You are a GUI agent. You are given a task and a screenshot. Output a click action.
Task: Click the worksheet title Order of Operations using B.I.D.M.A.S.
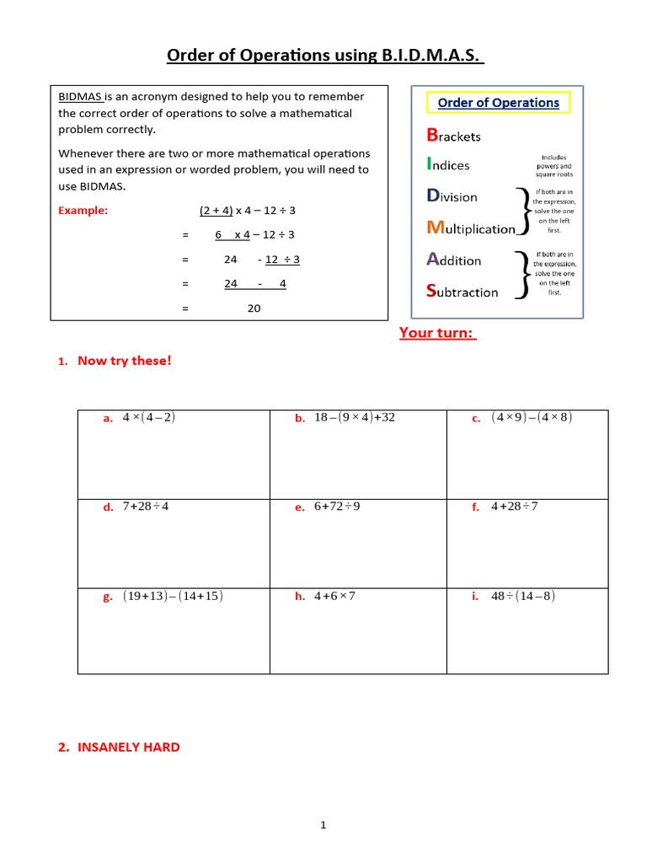pos(325,56)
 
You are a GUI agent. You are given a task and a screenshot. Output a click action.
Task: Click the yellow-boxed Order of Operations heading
pos(498,103)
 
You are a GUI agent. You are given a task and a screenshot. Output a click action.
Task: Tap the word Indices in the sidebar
pos(448,165)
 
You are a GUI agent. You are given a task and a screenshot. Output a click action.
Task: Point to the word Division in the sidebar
pos(452,196)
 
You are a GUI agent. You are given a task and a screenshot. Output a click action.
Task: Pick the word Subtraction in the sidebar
pos(463,292)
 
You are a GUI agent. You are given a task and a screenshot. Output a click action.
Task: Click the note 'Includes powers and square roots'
pos(553,166)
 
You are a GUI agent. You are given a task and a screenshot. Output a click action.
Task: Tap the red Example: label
pos(83,211)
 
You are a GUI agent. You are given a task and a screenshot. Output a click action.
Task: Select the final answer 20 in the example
pos(254,308)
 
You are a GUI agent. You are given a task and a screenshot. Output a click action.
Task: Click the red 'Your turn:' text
pos(437,333)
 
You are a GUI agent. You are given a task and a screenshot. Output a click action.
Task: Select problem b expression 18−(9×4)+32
pos(354,417)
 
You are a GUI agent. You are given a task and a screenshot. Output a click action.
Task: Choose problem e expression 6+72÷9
pos(337,507)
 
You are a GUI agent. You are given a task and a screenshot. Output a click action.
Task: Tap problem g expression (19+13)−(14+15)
pos(173,596)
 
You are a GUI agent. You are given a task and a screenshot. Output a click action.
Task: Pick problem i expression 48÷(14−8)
pos(523,596)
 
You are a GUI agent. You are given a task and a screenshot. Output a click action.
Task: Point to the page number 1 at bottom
pos(323,825)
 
